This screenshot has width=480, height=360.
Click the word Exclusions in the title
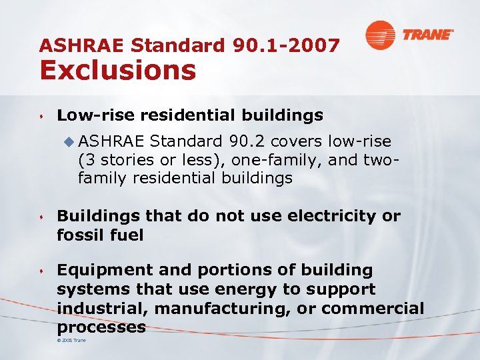coord(117,69)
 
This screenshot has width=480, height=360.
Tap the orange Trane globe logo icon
coord(379,35)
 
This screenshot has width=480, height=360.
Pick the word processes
coord(101,327)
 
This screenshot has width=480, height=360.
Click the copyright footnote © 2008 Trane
coord(72,341)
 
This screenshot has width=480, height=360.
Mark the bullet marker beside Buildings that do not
coord(42,217)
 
